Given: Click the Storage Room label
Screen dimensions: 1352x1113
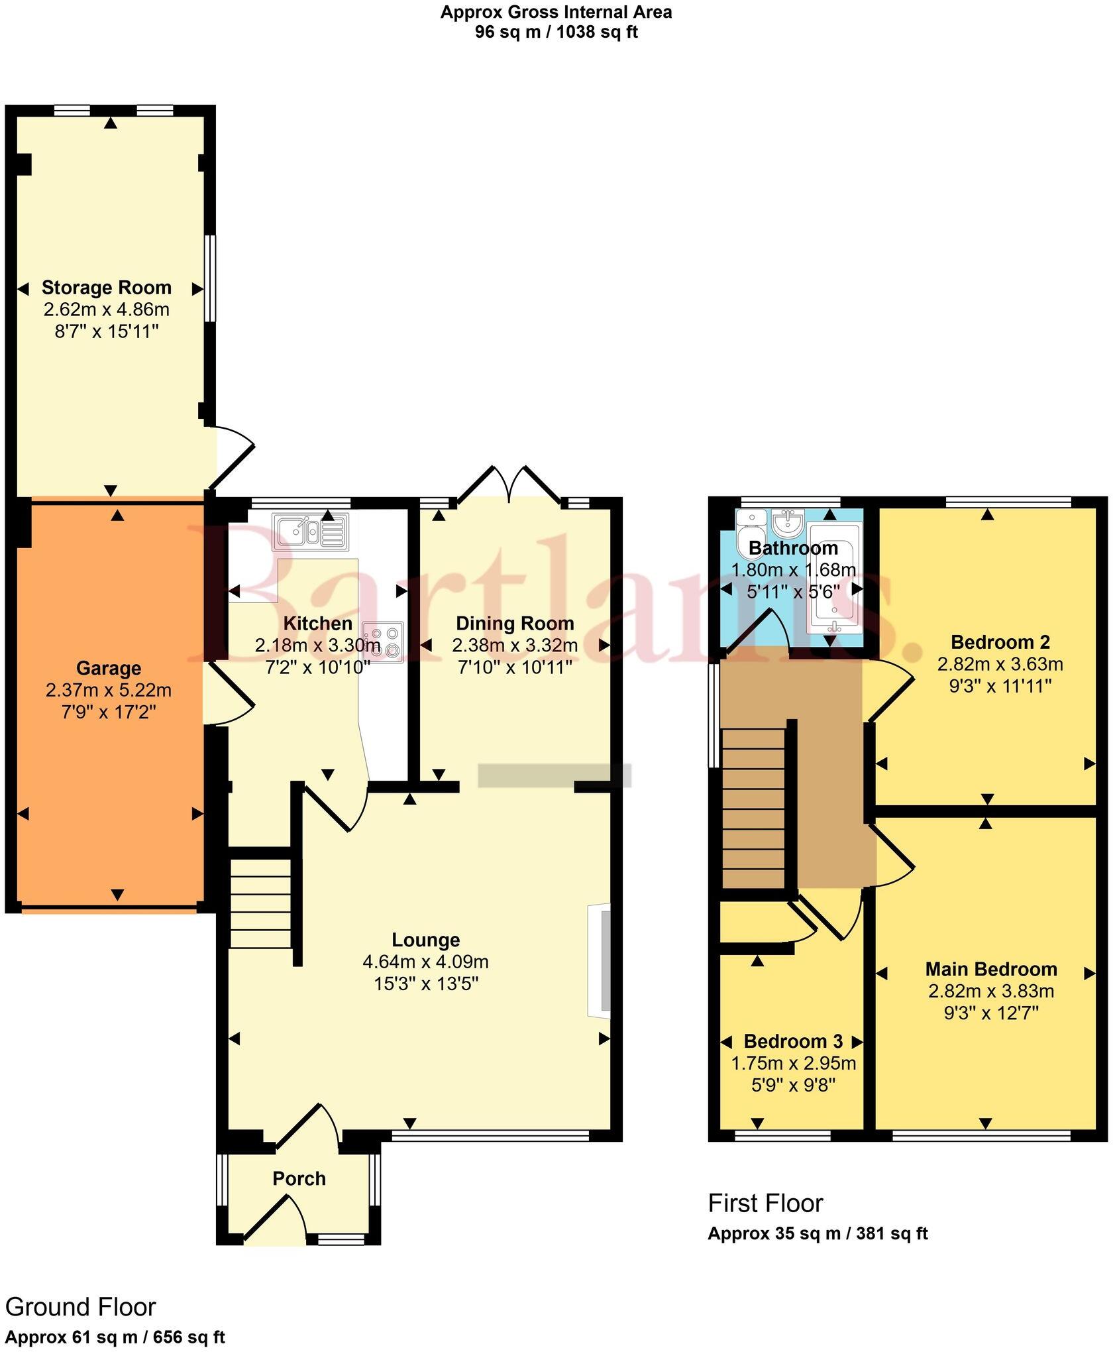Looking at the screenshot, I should pyautogui.click(x=107, y=288).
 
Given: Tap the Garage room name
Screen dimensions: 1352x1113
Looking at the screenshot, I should pyautogui.click(x=108, y=668).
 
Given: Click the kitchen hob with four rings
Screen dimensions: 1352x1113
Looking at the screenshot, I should pyautogui.click(x=383, y=641).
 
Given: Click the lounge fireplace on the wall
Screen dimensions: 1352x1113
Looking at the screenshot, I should pyautogui.click(x=600, y=961).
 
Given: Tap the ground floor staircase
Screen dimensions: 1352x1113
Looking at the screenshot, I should pyautogui.click(x=260, y=903).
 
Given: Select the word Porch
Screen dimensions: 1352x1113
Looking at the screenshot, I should pyautogui.click(x=299, y=1178).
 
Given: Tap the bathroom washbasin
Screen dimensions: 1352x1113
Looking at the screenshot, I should pyautogui.click(x=788, y=523).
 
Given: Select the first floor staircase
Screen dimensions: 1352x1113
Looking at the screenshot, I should pyautogui.click(x=753, y=809).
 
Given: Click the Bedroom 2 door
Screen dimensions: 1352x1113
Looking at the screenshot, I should pyautogui.click(x=890, y=689).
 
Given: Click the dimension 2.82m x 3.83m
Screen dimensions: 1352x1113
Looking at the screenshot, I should pyautogui.click(x=990, y=991).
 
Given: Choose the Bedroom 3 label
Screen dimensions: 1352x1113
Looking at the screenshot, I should pyautogui.click(x=792, y=1041).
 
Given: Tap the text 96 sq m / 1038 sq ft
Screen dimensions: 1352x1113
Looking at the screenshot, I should pyautogui.click(x=556, y=32).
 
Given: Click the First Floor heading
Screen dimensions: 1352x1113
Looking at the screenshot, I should pyautogui.click(x=765, y=1203).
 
